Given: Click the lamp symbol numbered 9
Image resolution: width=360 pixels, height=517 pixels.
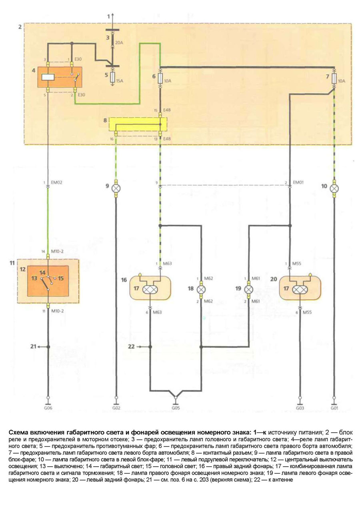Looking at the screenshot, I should click(x=116, y=187).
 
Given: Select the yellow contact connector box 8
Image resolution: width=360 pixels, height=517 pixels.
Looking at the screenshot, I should click(x=138, y=124).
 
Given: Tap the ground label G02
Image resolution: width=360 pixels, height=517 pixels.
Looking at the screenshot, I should click(x=116, y=409).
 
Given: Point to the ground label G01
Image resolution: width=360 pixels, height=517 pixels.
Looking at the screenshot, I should click(x=334, y=409).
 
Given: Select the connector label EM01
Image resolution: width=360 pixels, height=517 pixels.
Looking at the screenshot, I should click(x=298, y=182).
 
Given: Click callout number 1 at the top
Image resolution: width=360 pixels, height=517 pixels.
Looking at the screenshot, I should click(x=108, y=16).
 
